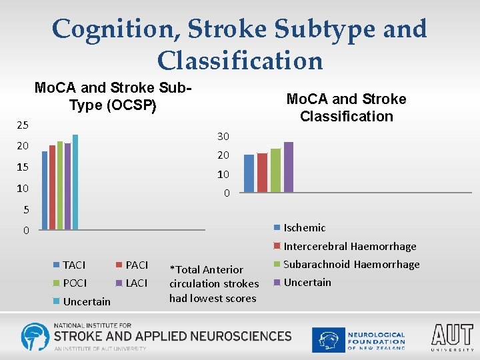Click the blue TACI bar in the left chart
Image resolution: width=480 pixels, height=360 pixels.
pos(45,190)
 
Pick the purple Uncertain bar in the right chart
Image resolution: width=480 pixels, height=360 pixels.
pos(289,167)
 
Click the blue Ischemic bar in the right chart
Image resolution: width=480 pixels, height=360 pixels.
pos(249,173)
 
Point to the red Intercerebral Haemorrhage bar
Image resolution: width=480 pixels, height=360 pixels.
pos(262,173)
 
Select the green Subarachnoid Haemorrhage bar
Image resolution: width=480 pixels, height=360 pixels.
pos(275,171)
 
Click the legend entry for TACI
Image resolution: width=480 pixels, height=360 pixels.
pos(73,265)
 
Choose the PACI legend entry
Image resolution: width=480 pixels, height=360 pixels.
pos(136,265)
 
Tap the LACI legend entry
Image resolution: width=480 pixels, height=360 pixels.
pos(136,283)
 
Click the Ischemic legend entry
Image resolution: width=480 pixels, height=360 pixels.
pos(304,228)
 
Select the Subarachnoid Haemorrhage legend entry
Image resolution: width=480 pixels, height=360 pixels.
pos(351,265)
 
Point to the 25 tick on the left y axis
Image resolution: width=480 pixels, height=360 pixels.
pos(23,125)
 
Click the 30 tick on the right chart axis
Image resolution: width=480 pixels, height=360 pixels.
pos(223,137)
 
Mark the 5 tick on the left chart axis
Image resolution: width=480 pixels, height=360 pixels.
pos(25,209)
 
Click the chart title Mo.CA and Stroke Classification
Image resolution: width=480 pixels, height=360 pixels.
pos(346,107)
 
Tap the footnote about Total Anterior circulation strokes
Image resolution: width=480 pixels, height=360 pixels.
pos(213,284)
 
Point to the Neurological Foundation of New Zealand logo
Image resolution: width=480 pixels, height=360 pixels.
pos(360,339)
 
